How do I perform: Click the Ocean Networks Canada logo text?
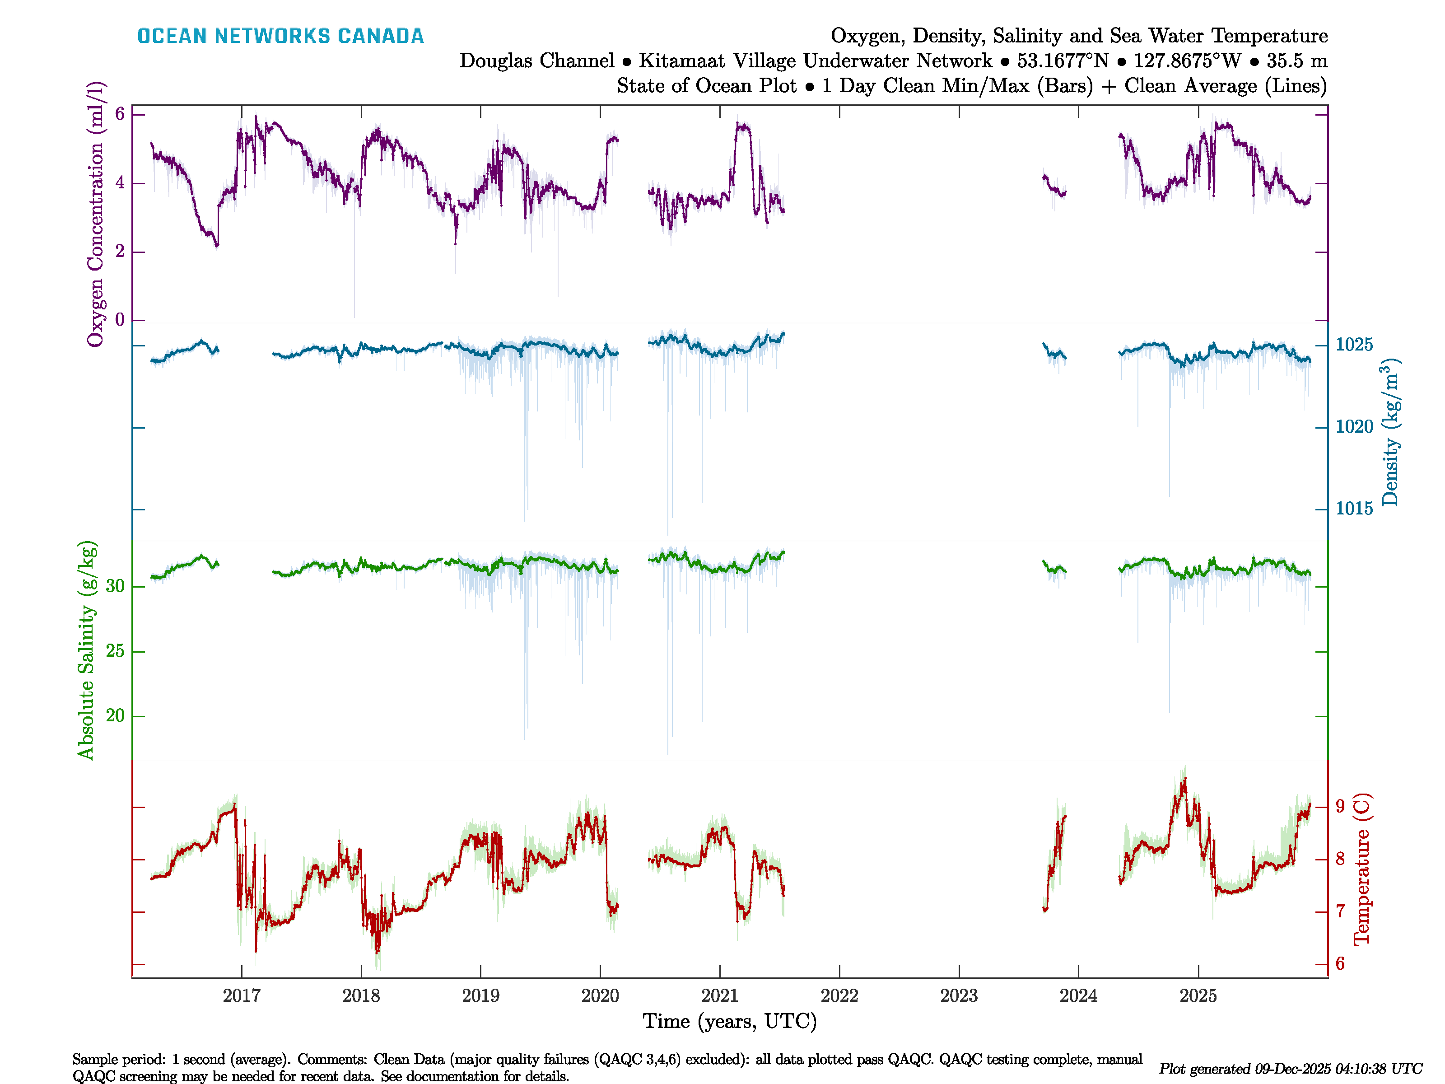tap(280, 36)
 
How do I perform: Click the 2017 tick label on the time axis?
tap(241, 996)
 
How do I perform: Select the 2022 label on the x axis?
tap(839, 996)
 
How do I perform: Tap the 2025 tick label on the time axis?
tap(1198, 996)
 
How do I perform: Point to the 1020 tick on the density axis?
tap(1354, 427)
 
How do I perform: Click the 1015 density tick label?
tap(1354, 508)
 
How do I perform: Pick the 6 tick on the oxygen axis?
tap(120, 114)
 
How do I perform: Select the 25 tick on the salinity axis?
tap(115, 651)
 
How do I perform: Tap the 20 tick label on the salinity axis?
tap(115, 715)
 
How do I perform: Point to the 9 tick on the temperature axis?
tap(1340, 806)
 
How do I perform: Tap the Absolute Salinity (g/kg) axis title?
tap(86, 650)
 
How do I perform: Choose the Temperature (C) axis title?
tap(1361, 869)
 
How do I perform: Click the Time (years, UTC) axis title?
tap(730, 1021)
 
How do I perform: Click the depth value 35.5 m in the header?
tap(1297, 61)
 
